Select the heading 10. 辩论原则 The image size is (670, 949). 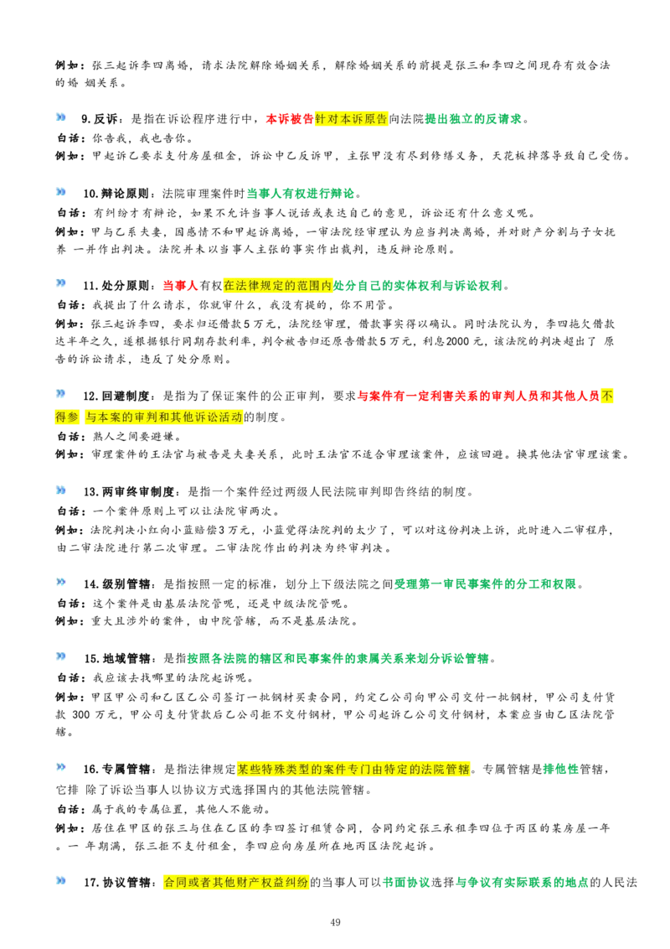tap(116, 194)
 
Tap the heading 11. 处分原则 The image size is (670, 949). tap(116, 286)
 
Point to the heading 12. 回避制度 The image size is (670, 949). tap(116, 397)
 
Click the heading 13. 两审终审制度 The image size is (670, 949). tap(129, 491)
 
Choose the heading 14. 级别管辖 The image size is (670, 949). tap(116, 584)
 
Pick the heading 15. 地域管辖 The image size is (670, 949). tap(117, 658)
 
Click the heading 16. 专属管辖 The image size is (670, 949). tap(116, 770)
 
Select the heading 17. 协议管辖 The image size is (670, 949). tap(117, 883)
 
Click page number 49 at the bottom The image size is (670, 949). tap(336, 922)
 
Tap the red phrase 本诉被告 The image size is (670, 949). tap(291, 119)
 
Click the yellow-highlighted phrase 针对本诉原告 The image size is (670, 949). tap(351, 119)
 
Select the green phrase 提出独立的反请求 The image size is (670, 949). tap(473, 119)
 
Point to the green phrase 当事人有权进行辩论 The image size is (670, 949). tap(301, 194)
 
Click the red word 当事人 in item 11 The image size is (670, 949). tap(180, 286)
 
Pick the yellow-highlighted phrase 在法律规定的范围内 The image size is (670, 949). tap(278, 286)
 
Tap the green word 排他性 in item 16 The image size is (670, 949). tap(561, 770)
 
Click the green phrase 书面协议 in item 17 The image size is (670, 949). tap(406, 883)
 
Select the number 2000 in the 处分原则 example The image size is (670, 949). tap(458, 341)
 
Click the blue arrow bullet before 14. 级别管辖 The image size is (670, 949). tap(61, 583)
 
